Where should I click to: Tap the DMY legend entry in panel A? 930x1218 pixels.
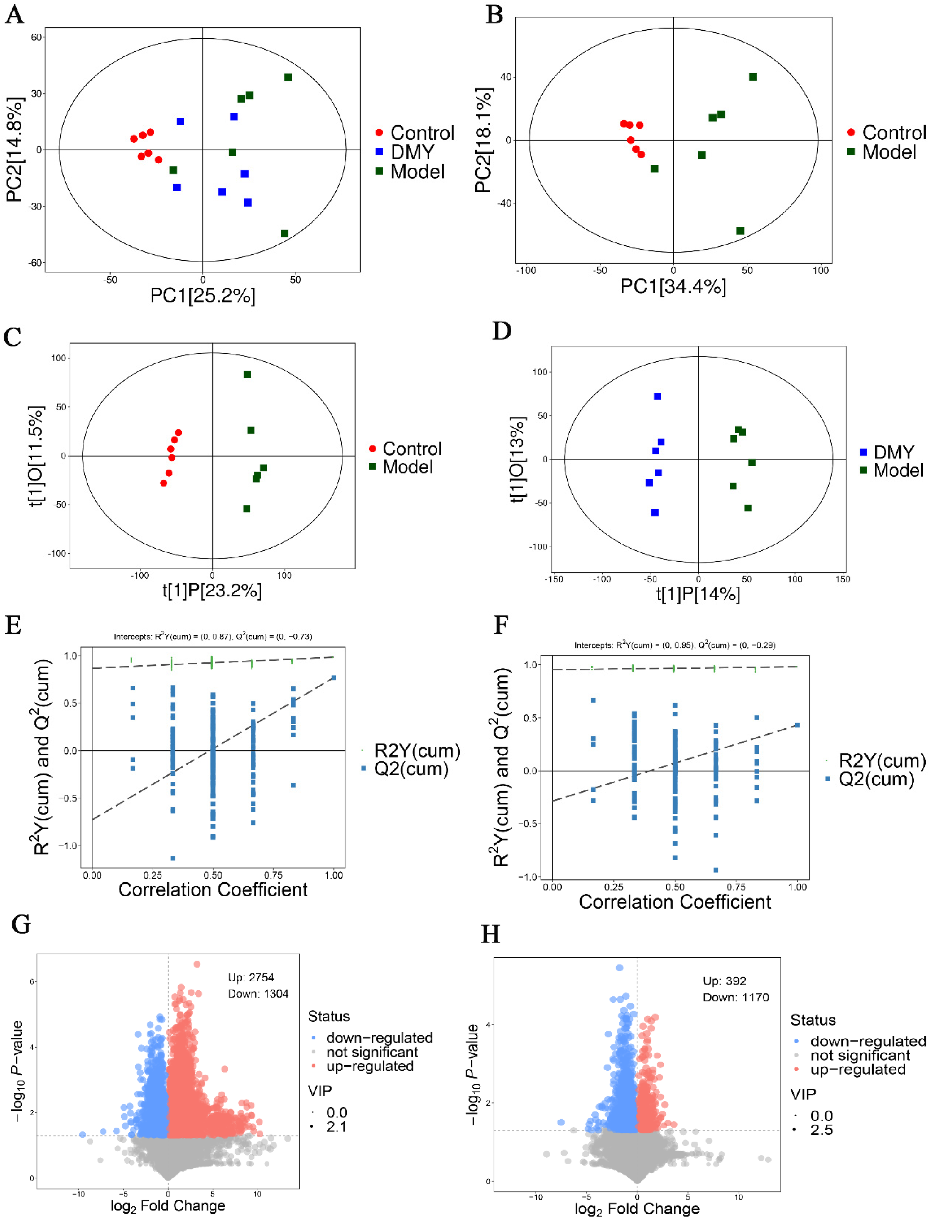click(412, 152)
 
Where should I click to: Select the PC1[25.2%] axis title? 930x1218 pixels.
click(203, 296)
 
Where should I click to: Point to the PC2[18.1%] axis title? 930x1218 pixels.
click(483, 140)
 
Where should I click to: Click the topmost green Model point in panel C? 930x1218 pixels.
click(247, 375)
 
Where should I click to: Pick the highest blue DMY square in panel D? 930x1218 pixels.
click(658, 396)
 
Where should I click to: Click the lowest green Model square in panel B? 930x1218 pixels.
click(740, 231)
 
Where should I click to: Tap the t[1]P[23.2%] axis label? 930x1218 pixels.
click(212, 591)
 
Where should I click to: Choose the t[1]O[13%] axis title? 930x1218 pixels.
click(517, 459)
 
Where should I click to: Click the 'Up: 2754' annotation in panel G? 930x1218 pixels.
click(251, 977)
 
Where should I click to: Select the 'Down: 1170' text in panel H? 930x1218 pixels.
click(736, 997)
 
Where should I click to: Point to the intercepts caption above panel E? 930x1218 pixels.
click(213, 636)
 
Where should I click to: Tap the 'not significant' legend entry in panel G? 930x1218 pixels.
click(372, 1052)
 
